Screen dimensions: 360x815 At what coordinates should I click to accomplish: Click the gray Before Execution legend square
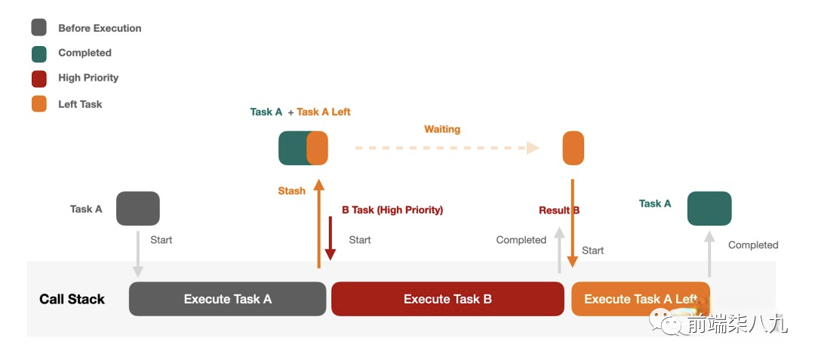[39, 28]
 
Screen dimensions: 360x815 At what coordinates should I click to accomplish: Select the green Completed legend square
[39, 53]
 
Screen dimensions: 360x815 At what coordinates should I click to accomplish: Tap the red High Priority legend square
[39, 78]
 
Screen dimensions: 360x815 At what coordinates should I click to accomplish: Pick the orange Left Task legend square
[39, 104]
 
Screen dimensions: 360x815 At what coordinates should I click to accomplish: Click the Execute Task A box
[227, 299]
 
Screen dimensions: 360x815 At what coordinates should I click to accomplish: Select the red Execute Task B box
[447, 299]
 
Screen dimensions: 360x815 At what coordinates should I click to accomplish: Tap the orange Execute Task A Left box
[640, 299]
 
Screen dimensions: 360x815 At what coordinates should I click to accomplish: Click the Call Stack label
[72, 300]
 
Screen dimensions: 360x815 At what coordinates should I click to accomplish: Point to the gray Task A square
[138, 208]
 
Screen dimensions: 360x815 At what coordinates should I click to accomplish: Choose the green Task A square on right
[709, 208]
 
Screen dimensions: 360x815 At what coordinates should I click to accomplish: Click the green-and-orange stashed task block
[303, 148]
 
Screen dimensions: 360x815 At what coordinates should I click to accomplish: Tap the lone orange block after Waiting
[574, 148]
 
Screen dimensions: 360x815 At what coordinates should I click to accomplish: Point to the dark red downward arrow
[331, 238]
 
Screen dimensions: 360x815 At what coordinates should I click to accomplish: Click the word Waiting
[442, 129]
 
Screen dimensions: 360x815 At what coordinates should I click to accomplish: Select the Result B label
[559, 210]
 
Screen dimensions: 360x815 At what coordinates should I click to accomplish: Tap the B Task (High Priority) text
[392, 210]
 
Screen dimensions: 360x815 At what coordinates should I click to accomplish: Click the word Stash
[291, 191]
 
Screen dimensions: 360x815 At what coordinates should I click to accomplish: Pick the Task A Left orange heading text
[324, 112]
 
